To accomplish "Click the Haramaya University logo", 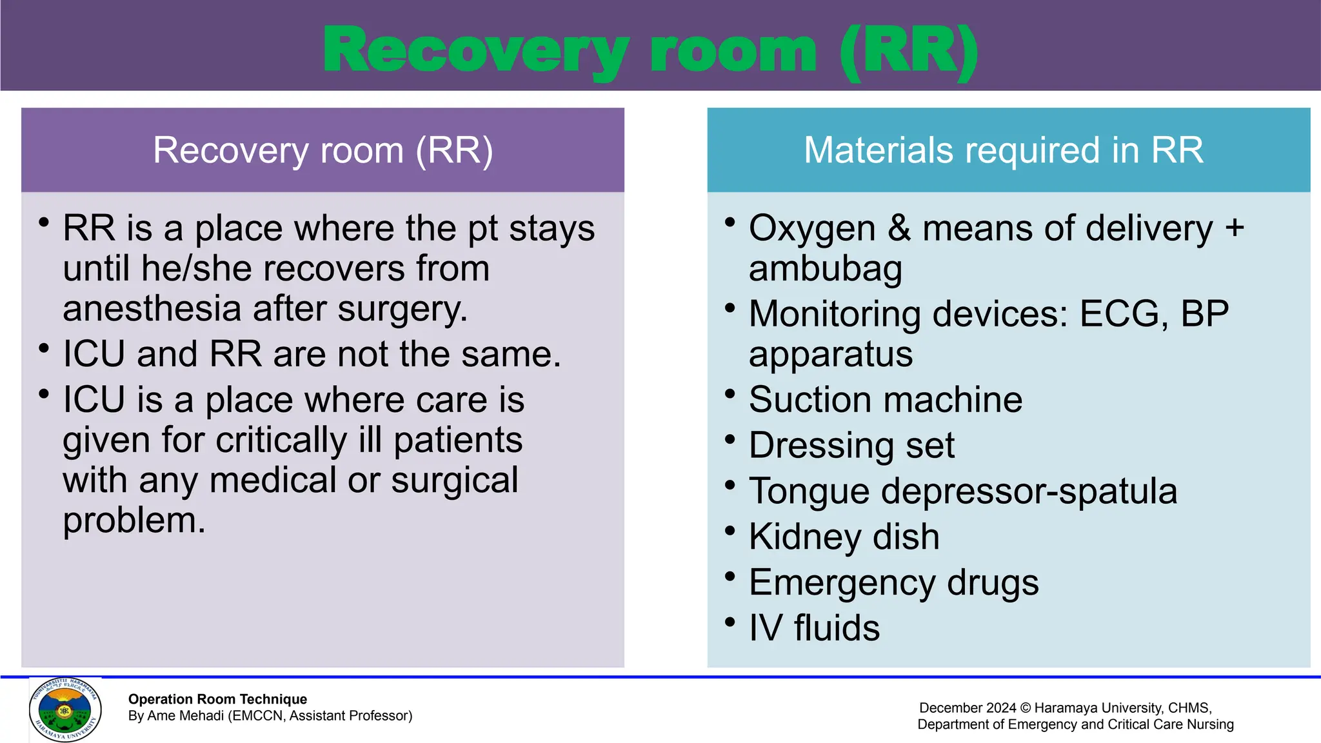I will (x=65, y=709).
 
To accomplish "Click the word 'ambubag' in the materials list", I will (x=825, y=269).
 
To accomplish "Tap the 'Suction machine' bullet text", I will (x=885, y=399).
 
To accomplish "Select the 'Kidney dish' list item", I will (x=844, y=537).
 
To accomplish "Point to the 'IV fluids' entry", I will (x=814, y=628).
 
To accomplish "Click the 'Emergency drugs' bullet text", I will (x=893, y=582).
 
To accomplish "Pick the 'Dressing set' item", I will (x=851, y=445).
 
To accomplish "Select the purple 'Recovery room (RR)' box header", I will (x=323, y=150).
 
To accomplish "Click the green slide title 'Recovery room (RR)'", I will (x=650, y=52).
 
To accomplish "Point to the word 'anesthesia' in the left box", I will (x=152, y=309).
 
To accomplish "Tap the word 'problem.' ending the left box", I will (x=134, y=520).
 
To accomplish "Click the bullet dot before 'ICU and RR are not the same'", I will (x=44, y=349).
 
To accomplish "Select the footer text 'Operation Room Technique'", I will (x=217, y=699).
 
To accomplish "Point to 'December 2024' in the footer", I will (x=967, y=708).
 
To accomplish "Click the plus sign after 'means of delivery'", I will (x=1234, y=228).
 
